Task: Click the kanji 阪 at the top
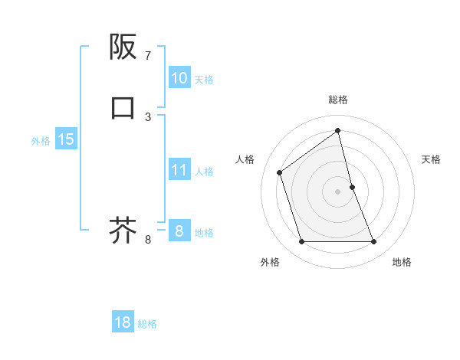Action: tap(123, 47)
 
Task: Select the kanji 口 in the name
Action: tap(123, 108)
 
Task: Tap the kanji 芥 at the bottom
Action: tap(123, 230)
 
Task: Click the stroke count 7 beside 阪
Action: tap(148, 56)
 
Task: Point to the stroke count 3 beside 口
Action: tap(148, 116)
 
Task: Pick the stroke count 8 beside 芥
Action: tap(148, 240)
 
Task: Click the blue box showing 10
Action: tap(179, 78)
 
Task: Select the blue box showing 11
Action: tap(179, 170)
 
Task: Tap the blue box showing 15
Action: tap(66, 139)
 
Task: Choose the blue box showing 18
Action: tap(123, 322)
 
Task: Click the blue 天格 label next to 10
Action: tap(204, 79)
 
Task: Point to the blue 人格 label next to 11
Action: tap(204, 171)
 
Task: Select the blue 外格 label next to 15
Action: tap(41, 140)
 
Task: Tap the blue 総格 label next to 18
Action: tap(147, 323)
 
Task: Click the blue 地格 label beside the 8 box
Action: tap(204, 233)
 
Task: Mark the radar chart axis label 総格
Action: tap(337, 100)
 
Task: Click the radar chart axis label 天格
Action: tap(431, 159)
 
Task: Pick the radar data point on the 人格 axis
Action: tap(280, 172)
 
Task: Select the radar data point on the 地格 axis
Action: tap(373, 242)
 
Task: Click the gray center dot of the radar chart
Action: tap(337, 191)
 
